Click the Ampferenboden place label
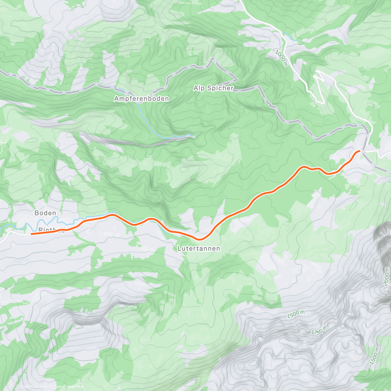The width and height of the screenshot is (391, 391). coord(141,98)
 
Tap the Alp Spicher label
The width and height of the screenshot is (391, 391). coord(213,88)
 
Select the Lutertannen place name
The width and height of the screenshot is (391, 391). coord(199,249)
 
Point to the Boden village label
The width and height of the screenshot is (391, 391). coord(45,213)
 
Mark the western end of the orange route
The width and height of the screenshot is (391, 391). coord(32,234)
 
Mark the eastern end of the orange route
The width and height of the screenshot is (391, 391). coord(359,151)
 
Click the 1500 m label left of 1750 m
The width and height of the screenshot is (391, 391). coord(296,314)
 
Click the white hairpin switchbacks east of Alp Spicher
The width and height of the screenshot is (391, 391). coord(318,86)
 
